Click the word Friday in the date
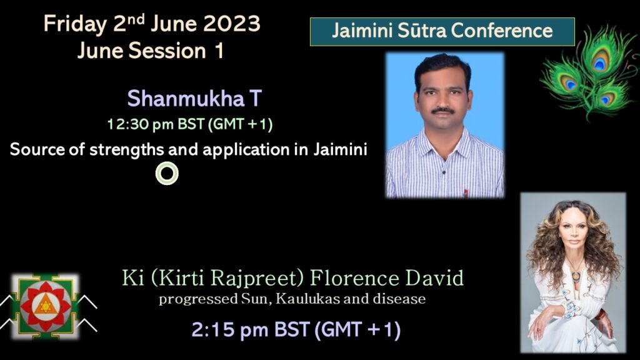coord(75,24)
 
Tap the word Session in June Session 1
coord(167,51)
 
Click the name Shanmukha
coord(186,98)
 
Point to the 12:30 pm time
coord(141,124)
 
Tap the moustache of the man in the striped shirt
coord(443,110)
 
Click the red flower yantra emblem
coord(45,306)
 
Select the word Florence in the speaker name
coord(354,278)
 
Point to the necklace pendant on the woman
coord(576,276)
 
